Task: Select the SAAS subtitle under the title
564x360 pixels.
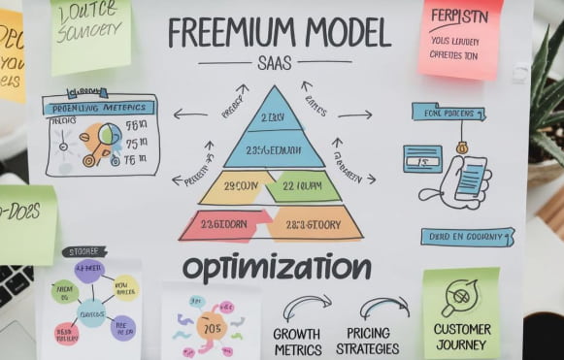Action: tap(276, 64)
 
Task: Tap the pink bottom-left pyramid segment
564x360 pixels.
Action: tap(224, 225)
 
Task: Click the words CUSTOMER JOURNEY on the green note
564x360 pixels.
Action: tap(462, 336)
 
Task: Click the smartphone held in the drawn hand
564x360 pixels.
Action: tap(470, 178)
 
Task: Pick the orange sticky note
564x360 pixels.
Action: tap(11, 53)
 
